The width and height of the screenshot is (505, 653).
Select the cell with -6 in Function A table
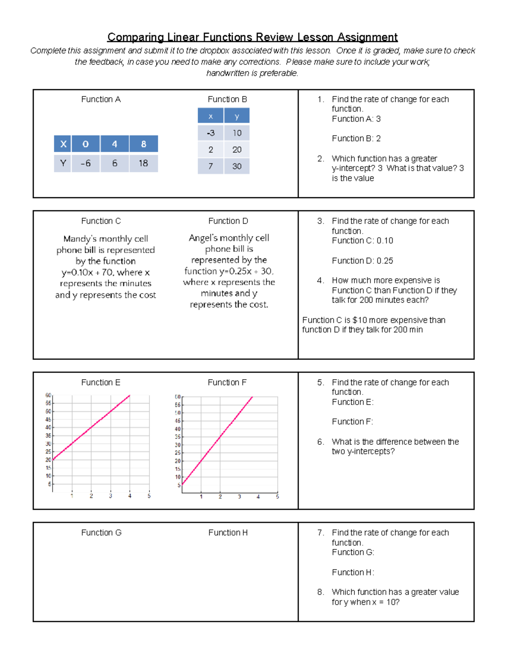point(85,163)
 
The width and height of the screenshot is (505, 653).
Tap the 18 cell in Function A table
point(144,163)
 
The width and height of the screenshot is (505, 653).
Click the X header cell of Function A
point(63,144)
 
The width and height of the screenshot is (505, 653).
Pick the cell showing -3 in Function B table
point(210,133)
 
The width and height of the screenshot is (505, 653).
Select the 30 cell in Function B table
point(237,166)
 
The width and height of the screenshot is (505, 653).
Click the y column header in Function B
point(237,116)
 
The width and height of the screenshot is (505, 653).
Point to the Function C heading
point(101,221)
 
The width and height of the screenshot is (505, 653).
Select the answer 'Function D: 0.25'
point(362,261)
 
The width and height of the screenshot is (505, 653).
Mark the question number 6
point(320,442)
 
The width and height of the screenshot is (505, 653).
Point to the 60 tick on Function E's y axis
point(48,395)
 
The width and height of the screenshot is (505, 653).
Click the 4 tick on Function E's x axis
point(130,496)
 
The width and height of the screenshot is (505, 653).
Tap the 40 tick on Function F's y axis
point(178,429)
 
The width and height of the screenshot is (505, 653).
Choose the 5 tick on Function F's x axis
point(277,497)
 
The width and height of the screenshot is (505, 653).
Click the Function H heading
point(228,532)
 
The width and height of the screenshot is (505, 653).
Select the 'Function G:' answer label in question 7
point(353,552)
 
